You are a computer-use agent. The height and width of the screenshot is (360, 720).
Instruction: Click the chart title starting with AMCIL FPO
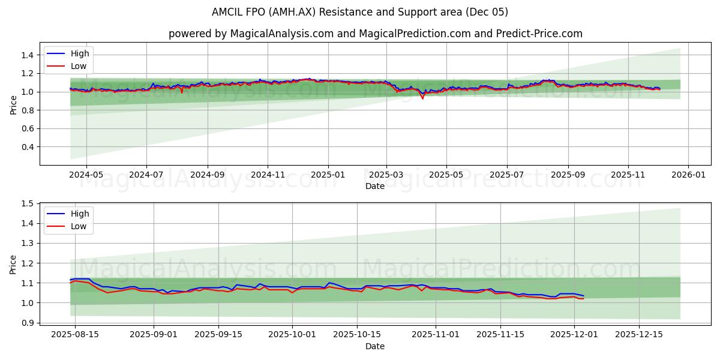point(360,12)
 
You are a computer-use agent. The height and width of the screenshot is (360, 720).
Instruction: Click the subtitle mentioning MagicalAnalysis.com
point(375,34)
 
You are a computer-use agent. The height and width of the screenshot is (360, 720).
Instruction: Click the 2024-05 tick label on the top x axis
point(86,175)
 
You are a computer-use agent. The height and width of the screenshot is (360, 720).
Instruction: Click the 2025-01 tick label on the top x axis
point(328,175)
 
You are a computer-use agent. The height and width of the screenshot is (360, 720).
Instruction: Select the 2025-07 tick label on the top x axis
point(507,175)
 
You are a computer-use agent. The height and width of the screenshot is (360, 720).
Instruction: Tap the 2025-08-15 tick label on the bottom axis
point(75,335)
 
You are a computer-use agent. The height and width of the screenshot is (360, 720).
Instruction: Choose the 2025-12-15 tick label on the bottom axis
point(639,335)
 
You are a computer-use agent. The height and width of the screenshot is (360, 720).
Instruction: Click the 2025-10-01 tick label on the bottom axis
point(292,335)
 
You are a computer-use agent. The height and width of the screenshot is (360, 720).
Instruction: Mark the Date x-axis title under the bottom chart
point(375,346)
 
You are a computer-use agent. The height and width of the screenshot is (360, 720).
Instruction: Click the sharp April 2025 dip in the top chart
point(422,98)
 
